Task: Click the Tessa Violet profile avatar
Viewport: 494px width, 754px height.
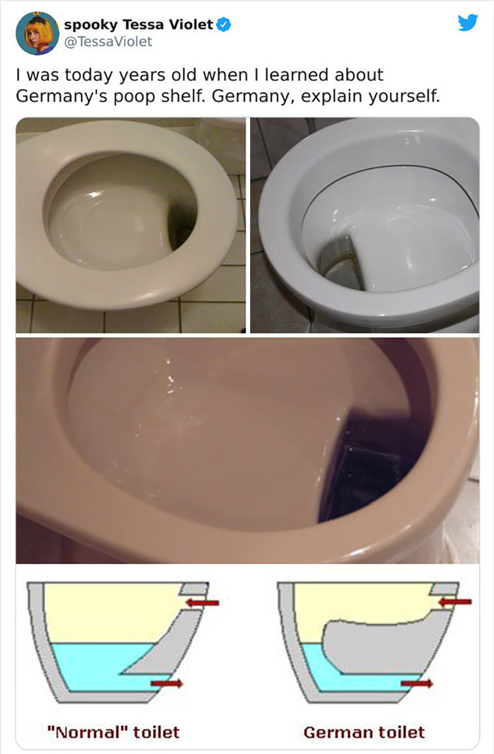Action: click(x=38, y=33)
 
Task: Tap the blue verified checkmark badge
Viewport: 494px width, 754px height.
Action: click(x=224, y=24)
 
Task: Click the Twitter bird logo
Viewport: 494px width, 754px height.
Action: click(x=467, y=23)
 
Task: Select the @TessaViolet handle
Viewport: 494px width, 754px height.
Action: click(x=108, y=42)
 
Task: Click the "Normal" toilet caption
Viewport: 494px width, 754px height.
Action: click(x=113, y=732)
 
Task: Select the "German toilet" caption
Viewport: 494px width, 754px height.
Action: click(x=364, y=732)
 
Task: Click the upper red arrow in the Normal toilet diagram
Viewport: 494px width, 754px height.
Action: click(x=202, y=602)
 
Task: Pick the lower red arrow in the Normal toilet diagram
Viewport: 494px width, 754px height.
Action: click(x=167, y=683)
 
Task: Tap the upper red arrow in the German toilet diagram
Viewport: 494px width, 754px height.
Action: click(x=454, y=602)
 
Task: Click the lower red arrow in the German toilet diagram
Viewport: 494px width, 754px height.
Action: click(x=417, y=683)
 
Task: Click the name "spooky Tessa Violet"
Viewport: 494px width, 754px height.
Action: click(x=138, y=24)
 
